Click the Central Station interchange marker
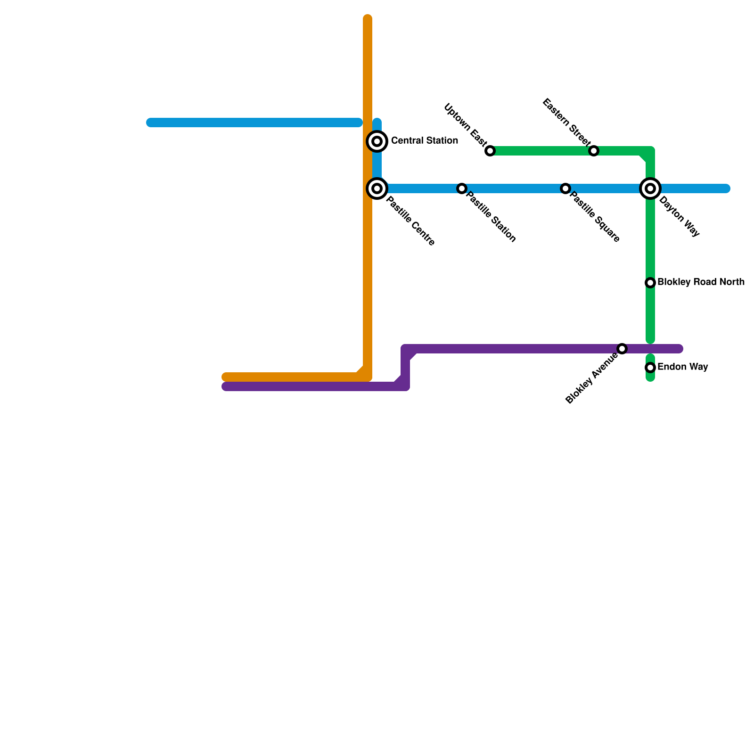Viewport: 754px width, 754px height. tap(377, 141)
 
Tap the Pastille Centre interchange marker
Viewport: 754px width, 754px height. tap(377, 188)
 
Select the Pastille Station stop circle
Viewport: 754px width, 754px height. tap(462, 188)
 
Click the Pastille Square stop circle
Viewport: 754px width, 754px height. tap(565, 188)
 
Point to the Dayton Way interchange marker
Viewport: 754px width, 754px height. tap(650, 188)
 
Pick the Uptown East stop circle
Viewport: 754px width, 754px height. tap(490, 151)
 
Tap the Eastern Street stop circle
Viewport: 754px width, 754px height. tap(594, 151)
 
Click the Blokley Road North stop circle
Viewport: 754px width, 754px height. tap(650, 283)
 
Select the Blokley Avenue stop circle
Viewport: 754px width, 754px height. tap(622, 349)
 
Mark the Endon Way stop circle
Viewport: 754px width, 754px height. tap(650, 367)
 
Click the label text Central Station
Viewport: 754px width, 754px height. tap(424, 141)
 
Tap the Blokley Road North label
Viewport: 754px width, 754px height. tap(701, 282)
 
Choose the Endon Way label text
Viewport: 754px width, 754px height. tap(682, 367)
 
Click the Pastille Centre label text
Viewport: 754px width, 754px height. tap(410, 221)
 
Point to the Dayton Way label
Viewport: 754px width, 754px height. tap(679, 216)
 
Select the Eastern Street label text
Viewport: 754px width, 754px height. tap(566, 122)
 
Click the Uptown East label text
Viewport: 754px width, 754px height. tap(465, 124)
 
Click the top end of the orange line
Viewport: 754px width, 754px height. tap(368, 19)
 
